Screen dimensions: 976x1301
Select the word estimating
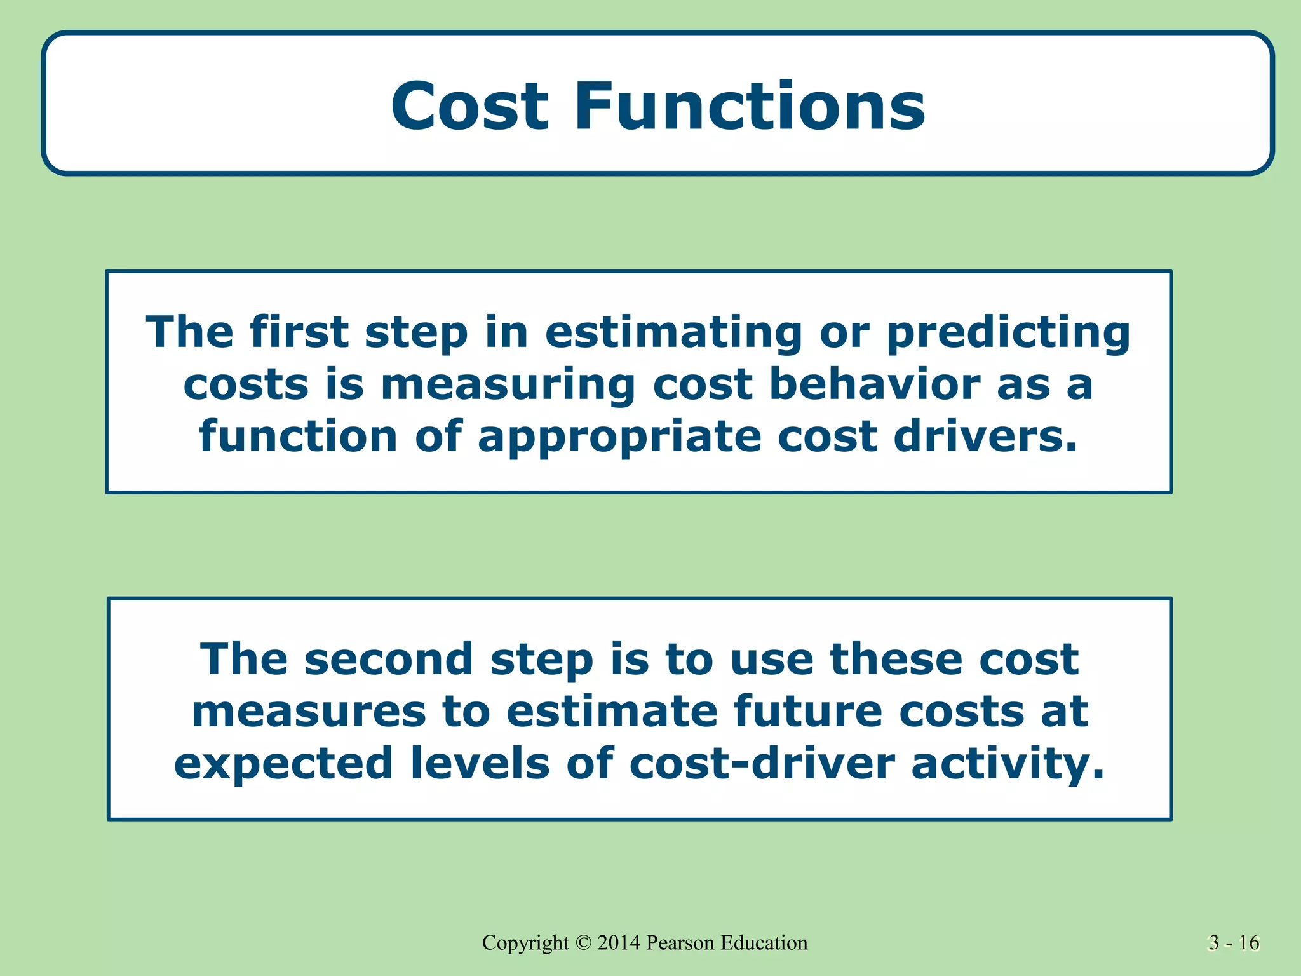tap(673, 333)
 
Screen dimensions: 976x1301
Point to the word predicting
tap(1008, 333)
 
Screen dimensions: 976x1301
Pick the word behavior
tap(875, 384)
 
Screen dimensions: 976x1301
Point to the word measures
tap(309, 711)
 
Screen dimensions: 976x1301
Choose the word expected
tap(283, 764)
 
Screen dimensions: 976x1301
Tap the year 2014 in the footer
tap(619, 943)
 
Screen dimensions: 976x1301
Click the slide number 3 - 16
tap(1234, 943)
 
